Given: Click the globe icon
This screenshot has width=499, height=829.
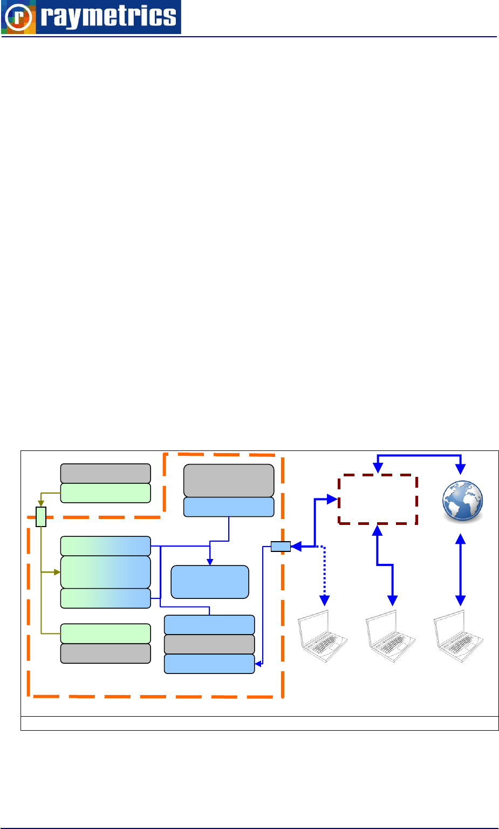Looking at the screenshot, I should tap(462, 501).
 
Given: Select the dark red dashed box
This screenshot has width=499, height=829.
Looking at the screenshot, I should tap(378, 499).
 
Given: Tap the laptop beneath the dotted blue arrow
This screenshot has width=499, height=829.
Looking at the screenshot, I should tap(323, 635).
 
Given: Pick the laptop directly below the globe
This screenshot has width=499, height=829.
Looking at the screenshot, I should tap(459, 635).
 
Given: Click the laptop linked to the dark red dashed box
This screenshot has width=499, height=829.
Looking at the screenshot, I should tap(391, 635).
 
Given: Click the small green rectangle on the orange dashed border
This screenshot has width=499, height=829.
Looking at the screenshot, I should tap(41, 517).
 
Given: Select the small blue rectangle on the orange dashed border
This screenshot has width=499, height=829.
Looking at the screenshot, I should tap(281, 547).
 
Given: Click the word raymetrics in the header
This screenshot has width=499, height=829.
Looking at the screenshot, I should tap(108, 17).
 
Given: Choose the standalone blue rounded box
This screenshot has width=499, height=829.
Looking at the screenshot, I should tap(210, 582).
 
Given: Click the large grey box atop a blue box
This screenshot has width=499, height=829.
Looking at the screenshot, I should tap(229, 480).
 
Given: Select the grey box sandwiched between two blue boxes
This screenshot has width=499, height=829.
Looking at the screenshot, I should tap(209, 644).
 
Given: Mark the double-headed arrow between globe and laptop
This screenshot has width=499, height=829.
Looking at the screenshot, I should tap(460, 569).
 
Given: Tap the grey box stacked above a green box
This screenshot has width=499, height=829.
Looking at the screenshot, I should tap(105, 473).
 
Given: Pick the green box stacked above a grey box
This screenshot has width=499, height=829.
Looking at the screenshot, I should tap(105, 633).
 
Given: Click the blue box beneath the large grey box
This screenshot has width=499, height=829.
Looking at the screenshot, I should tap(229, 507).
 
